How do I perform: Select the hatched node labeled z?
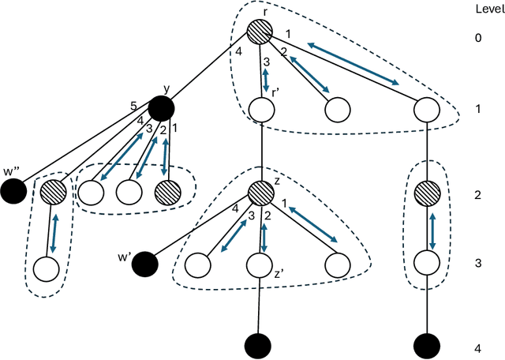[x=260, y=193]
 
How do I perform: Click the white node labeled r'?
[x=260, y=108]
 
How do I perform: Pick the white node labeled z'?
[x=260, y=265]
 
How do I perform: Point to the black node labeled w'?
[x=144, y=262]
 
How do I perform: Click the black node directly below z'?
[x=260, y=345]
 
